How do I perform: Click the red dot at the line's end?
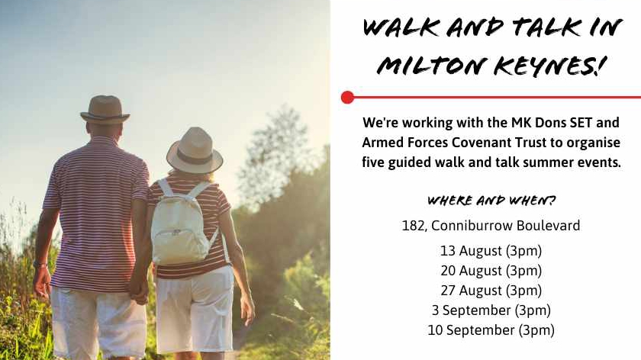click(347, 98)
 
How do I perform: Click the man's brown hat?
click(105, 110)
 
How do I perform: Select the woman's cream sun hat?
click(195, 150)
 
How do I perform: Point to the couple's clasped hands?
click(138, 293)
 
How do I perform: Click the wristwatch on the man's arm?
click(40, 265)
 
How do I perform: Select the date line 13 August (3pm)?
click(491, 251)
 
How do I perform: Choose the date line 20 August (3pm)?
click(491, 271)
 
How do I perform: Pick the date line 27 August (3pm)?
click(491, 291)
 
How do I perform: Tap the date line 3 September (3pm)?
click(491, 310)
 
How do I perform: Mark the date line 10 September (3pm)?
click(491, 330)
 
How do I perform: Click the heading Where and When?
click(491, 201)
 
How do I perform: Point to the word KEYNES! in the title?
click(549, 66)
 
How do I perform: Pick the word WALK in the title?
click(401, 27)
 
